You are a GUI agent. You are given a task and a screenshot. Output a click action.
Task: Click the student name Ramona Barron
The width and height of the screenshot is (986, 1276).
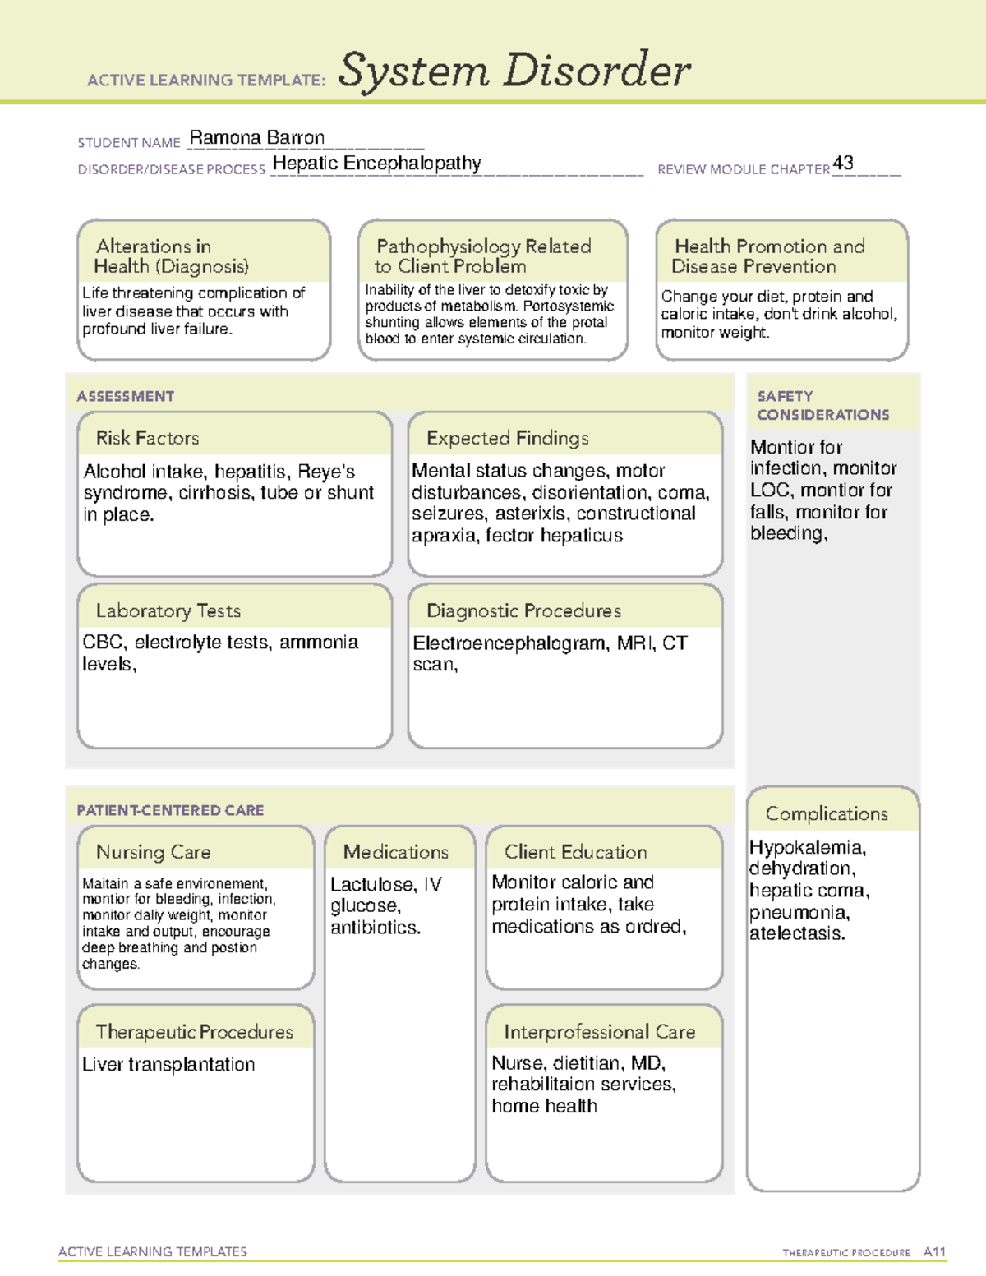click(256, 138)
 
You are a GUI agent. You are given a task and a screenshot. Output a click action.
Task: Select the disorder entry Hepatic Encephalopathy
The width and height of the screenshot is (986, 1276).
click(376, 164)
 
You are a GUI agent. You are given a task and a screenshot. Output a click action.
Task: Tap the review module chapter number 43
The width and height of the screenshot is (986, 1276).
click(843, 163)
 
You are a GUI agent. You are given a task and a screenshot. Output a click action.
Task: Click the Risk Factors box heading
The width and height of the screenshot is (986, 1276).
click(147, 438)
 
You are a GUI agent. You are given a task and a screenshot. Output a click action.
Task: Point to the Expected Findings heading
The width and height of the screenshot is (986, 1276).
click(507, 438)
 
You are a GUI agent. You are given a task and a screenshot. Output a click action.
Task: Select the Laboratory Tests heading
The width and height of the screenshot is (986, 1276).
click(168, 610)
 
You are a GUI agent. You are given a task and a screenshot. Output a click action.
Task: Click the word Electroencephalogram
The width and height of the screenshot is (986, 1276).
click(509, 643)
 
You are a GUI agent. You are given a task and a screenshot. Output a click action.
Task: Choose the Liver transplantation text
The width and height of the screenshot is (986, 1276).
click(168, 1064)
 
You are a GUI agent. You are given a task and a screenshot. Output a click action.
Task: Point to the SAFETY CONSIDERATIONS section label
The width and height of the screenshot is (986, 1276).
click(822, 406)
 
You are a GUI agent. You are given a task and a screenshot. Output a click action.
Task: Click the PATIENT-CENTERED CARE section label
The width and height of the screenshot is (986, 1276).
click(170, 810)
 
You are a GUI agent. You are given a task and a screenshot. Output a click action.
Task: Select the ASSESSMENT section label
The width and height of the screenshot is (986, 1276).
click(125, 396)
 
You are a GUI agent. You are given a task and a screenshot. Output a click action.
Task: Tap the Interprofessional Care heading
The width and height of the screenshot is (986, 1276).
click(599, 1031)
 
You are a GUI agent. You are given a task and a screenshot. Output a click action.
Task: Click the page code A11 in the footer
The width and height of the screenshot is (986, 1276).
click(934, 1252)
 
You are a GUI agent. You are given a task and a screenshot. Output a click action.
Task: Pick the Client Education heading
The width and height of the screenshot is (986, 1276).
click(575, 852)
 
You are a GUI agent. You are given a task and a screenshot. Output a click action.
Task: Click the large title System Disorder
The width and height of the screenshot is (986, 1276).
click(514, 71)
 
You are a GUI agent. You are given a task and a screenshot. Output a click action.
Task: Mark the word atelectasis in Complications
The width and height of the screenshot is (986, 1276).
click(796, 933)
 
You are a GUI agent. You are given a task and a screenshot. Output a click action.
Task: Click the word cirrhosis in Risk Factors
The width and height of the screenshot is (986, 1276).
click(214, 492)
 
